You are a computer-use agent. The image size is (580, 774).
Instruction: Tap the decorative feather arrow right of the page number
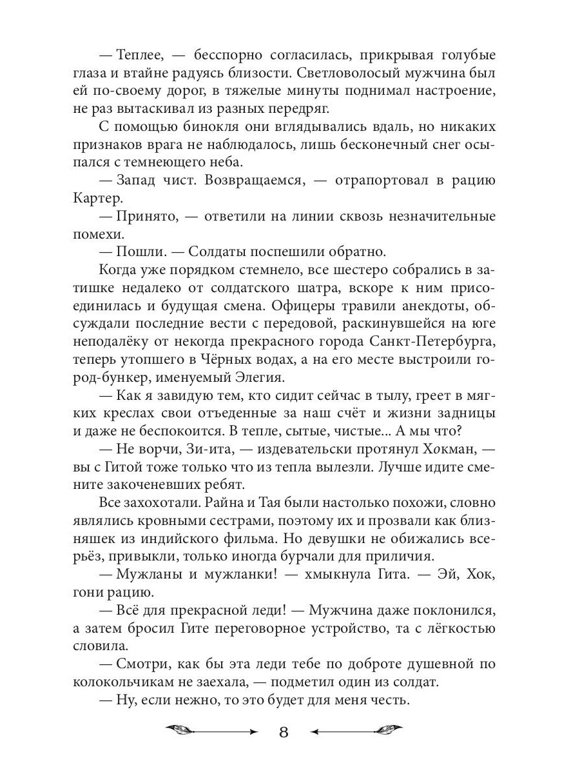coord(358,731)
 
